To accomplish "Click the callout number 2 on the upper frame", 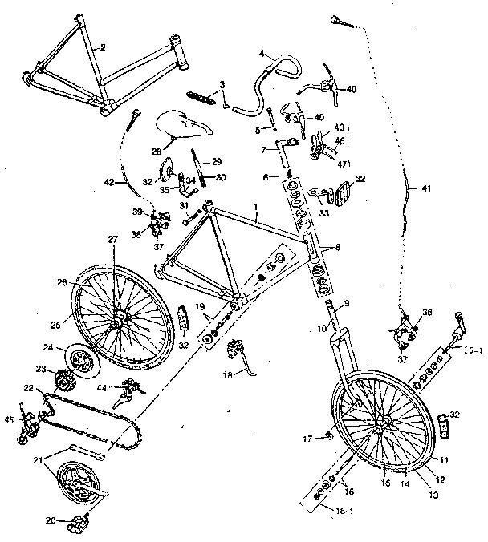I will point(104,47).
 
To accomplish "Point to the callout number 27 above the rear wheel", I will point(112,238).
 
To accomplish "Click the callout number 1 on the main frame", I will point(255,205).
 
